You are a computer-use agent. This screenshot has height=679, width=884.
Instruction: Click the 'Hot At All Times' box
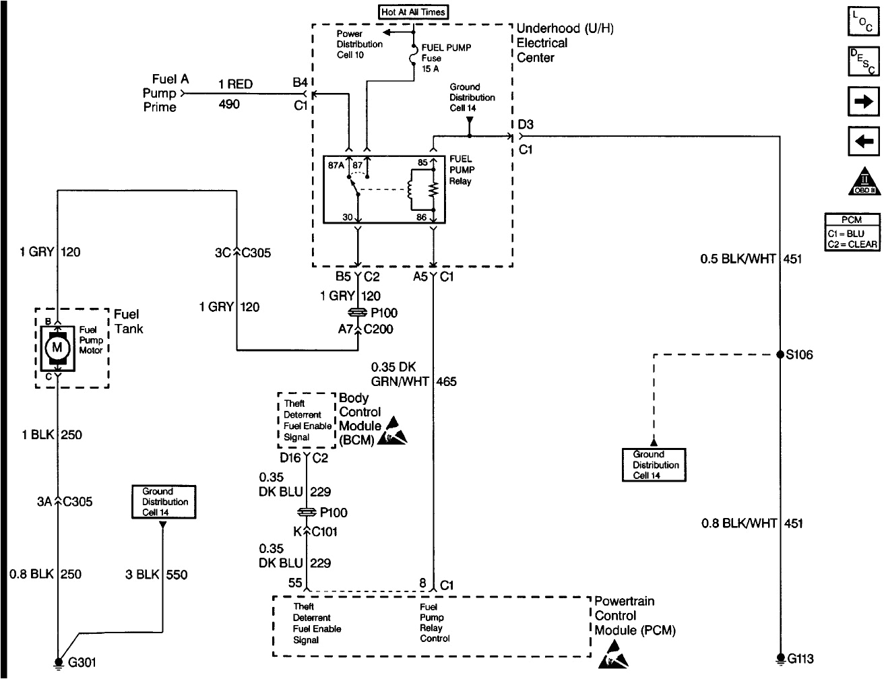tap(414, 12)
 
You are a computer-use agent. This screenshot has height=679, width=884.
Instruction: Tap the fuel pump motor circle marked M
tap(57, 348)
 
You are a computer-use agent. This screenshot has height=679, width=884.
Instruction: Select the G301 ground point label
tap(82, 663)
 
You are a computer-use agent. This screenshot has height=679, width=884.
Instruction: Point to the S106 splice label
tap(800, 355)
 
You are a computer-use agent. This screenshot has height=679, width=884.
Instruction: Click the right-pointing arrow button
tap(863, 103)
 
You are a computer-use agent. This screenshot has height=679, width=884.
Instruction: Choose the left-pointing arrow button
tap(863, 141)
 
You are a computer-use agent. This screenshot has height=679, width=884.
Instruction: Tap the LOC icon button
tap(863, 22)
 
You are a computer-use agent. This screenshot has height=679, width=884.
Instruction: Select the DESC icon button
tap(863, 61)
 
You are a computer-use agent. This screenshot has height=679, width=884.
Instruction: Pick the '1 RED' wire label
tap(235, 84)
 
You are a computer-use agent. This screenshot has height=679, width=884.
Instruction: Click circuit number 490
tap(229, 104)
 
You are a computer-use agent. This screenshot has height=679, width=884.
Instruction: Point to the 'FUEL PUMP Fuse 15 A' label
tap(445, 58)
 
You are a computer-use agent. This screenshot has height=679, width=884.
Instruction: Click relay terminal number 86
tap(422, 218)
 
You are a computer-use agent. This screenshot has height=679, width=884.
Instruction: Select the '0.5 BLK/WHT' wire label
tap(738, 259)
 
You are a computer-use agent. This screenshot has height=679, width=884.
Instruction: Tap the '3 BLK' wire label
tap(142, 575)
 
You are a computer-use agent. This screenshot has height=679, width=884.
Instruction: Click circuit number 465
tap(446, 382)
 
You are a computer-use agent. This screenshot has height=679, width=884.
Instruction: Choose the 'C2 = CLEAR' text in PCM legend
tap(852, 244)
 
